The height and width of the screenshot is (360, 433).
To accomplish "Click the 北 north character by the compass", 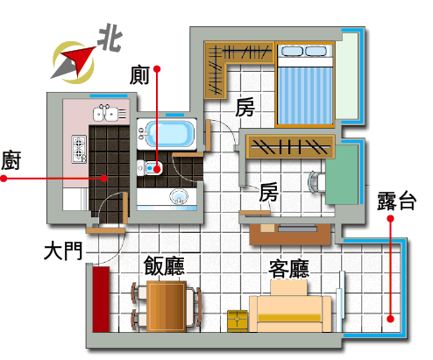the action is coord(110,39).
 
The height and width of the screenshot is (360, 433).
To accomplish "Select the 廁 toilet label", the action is coord(139,75).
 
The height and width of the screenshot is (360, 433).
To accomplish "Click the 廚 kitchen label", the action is coord(11,160).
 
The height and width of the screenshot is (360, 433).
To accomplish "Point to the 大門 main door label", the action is coord(63,251).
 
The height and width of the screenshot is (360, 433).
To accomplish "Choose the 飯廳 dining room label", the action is coord(164,265).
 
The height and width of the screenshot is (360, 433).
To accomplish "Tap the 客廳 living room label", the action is coord(289,269).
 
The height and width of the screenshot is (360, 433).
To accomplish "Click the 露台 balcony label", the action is coord(397,201).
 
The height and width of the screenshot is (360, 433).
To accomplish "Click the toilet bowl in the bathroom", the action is coord(150,168).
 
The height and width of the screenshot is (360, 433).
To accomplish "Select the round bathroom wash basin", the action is coord(179,196).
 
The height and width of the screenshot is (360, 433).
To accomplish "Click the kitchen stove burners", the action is coord(79,149).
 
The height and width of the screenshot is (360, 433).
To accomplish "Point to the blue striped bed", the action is coord(305,85).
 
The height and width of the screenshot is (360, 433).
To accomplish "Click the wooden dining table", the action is coord(167,307).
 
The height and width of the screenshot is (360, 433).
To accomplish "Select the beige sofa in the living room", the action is coord(290,310).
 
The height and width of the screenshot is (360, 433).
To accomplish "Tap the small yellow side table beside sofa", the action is coord(238,321).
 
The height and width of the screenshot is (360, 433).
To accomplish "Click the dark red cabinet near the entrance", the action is coord(101,299).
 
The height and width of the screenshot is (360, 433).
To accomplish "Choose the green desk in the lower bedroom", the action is coord(342,175).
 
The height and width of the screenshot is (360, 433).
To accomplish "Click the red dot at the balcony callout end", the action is coord(390,319).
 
